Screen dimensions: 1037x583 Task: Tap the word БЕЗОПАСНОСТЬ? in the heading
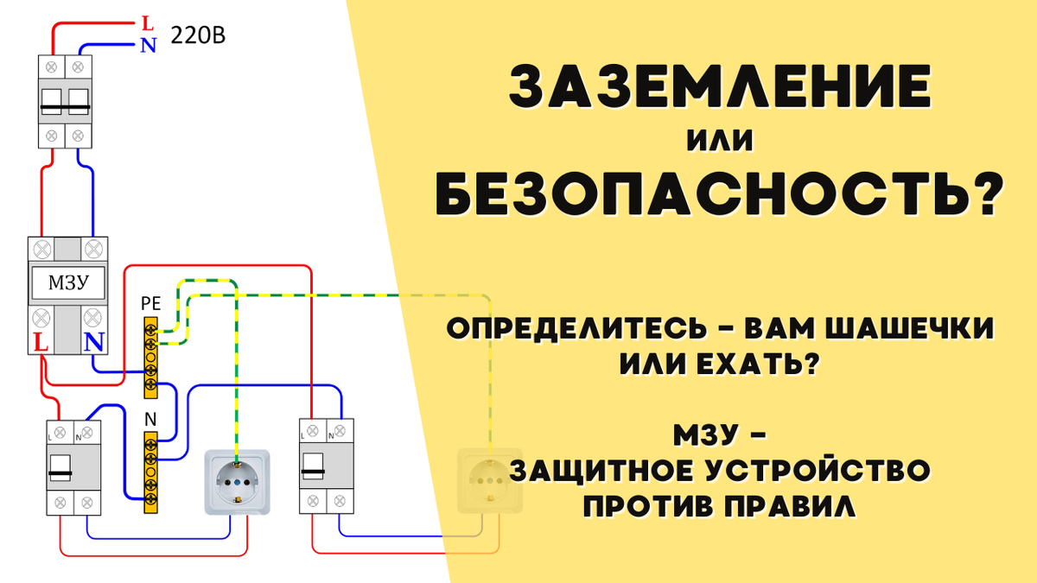[x=721, y=193]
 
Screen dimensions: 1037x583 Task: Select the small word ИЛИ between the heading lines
[x=720, y=140]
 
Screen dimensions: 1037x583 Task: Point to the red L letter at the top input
[x=148, y=22]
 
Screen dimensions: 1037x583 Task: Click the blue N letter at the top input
[x=148, y=45]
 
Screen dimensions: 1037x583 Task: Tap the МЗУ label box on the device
[x=67, y=282]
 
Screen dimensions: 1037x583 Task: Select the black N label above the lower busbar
[x=150, y=419]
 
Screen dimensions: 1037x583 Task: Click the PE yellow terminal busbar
[x=150, y=357]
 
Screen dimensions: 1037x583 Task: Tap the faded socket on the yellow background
[x=490, y=481]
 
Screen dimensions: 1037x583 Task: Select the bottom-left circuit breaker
[x=73, y=467]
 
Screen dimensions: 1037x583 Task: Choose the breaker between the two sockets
[x=326, y=467]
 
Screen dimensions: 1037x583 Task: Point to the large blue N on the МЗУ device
[x=94, y=343]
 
